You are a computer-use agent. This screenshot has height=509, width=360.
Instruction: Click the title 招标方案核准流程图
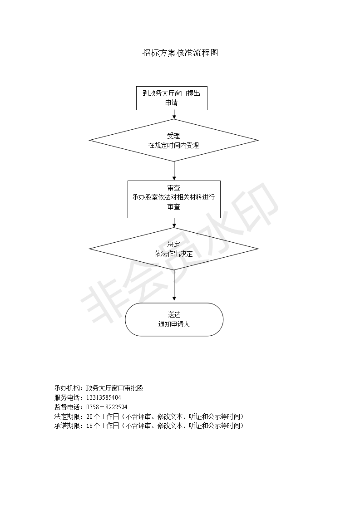180,53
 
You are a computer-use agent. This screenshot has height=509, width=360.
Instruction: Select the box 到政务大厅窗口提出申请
172,98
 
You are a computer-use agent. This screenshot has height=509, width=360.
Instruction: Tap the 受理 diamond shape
174,140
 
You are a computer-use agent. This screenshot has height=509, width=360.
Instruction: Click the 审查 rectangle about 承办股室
174,199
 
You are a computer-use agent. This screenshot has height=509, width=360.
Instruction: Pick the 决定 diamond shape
174,249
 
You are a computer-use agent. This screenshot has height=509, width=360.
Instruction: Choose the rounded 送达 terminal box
174,319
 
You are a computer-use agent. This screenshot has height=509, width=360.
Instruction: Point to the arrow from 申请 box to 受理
174,115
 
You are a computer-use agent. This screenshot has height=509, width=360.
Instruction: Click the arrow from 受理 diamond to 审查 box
174,171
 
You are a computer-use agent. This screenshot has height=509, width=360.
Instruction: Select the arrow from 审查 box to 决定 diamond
174,223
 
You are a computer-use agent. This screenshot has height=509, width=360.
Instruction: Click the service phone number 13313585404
104,398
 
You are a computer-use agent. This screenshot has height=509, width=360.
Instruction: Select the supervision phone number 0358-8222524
107,407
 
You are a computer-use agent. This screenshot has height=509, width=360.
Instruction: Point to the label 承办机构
66,388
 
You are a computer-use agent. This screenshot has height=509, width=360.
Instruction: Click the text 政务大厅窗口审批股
115,388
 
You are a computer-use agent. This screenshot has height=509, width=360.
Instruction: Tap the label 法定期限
66,416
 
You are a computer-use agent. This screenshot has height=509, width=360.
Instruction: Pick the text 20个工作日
102,416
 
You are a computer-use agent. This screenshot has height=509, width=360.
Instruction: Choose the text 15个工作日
102,426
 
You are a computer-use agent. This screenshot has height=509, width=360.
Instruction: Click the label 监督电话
66,407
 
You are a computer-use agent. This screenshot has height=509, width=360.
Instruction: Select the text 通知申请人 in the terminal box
174,324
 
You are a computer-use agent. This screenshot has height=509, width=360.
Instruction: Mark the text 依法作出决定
174,254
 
